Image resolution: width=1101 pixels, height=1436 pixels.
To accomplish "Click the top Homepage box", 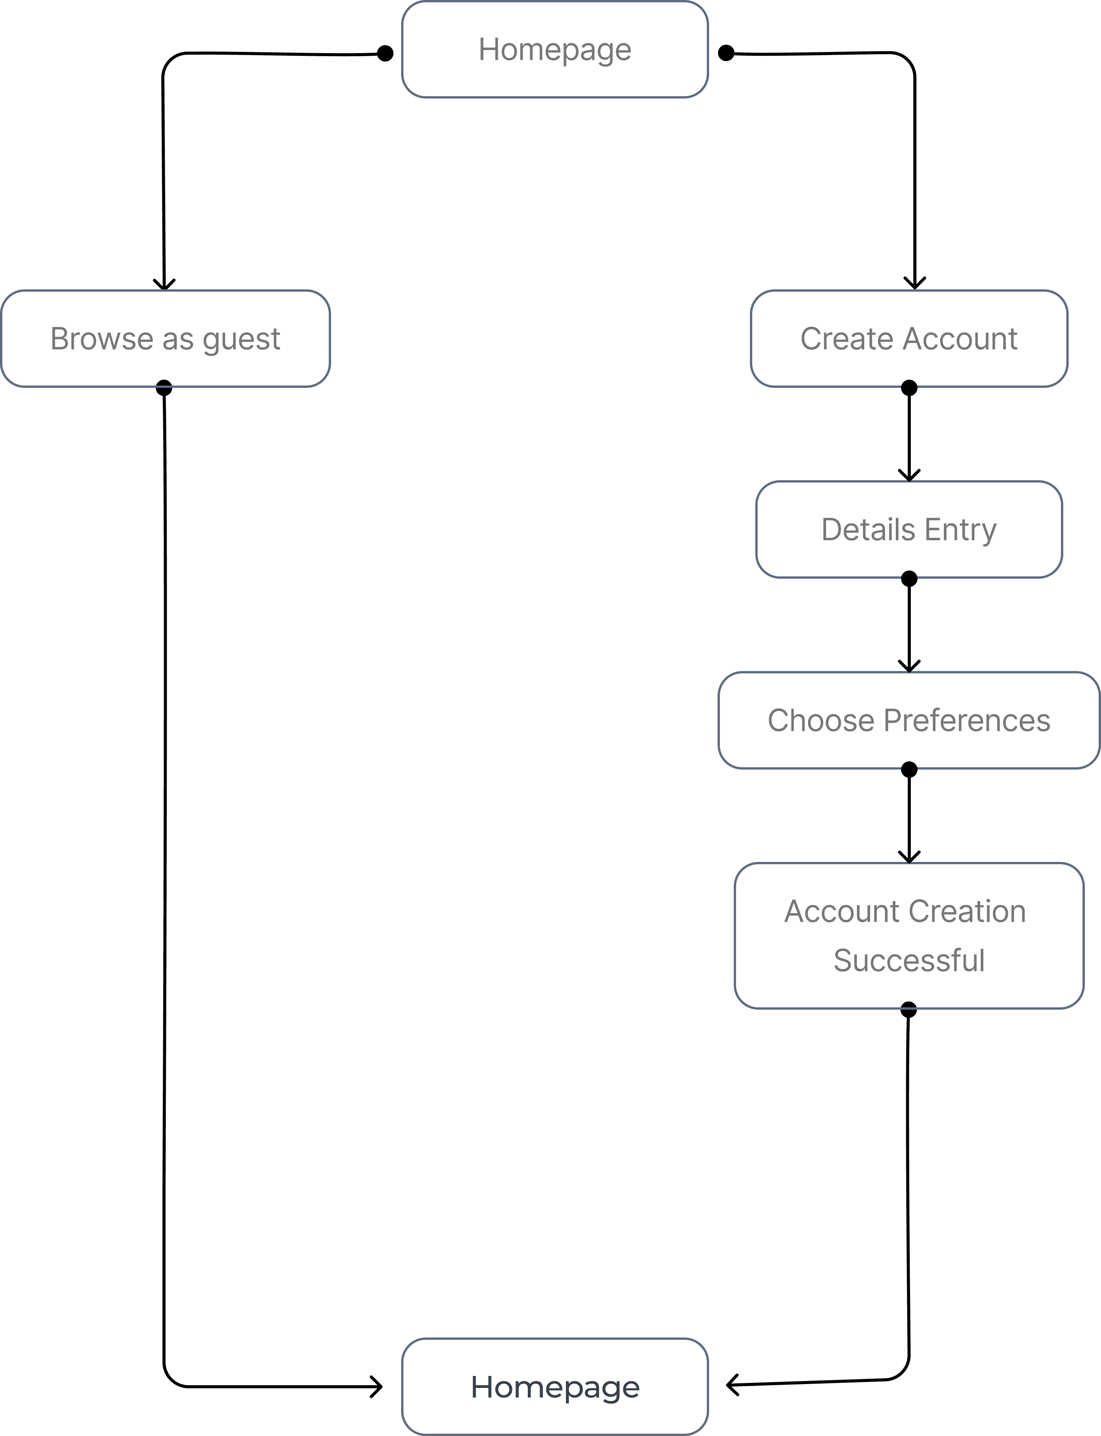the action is (554, 50).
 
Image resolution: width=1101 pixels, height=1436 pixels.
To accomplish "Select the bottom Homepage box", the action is (554, 1386).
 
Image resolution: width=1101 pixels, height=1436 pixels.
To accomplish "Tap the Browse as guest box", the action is (165, 339).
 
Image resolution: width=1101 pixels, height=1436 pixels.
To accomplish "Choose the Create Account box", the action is (909, 339).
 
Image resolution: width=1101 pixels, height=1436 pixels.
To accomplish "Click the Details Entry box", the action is (909, 529).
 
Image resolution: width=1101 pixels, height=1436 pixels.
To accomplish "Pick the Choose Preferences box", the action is (909, 720).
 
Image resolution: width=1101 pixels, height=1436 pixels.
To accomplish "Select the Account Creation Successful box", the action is (909, 935).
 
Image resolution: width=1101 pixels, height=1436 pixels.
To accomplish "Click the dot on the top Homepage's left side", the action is (385, 53).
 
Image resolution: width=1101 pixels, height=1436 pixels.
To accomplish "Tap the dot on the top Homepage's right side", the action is (726, 53).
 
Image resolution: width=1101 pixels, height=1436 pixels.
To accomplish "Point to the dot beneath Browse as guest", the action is (164, 388).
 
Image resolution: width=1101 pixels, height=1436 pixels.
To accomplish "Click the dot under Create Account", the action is (909, 388).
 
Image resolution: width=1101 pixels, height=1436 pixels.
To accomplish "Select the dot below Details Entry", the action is (909, 578).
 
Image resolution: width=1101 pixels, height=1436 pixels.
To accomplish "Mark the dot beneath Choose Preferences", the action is (909, 769).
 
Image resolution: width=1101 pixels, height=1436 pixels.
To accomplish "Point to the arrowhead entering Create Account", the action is (914, 283).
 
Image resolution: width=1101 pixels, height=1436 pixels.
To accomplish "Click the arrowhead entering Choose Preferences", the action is (909, 666).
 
